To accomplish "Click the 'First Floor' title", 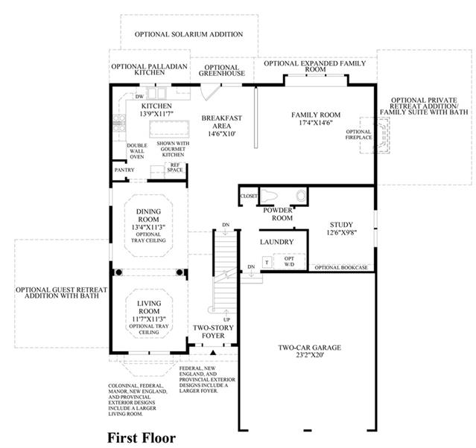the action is [x=142, y=438].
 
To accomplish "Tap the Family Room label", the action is [x=316, y=115].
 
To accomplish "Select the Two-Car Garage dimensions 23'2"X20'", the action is [x=310, y=355].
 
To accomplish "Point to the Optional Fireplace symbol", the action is [x=375, y=135].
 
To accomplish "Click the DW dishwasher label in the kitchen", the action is [x=139, y=97].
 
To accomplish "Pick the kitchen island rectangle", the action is [x=169, y=129].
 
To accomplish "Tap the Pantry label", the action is [x=124, y=170].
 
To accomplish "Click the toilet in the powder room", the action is [x=269, y=196].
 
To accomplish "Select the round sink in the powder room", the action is [x=301, y=196].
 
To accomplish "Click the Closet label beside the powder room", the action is [x=249, y=196].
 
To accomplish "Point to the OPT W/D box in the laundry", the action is [x=289, y=261].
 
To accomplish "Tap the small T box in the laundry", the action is [x=267, y=263].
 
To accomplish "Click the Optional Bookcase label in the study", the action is [x=341, y=267].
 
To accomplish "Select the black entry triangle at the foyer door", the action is [x=213, y=353].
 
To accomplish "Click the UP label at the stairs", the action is [x=226, y=320].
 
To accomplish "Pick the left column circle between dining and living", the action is [x=118, y=272].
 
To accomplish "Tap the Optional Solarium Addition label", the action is [x=188, y=34].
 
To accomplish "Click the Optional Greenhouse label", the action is [x=221, y=71].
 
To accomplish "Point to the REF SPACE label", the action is [x=175, y=167].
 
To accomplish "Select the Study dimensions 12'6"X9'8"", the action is [x=341, y=233].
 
